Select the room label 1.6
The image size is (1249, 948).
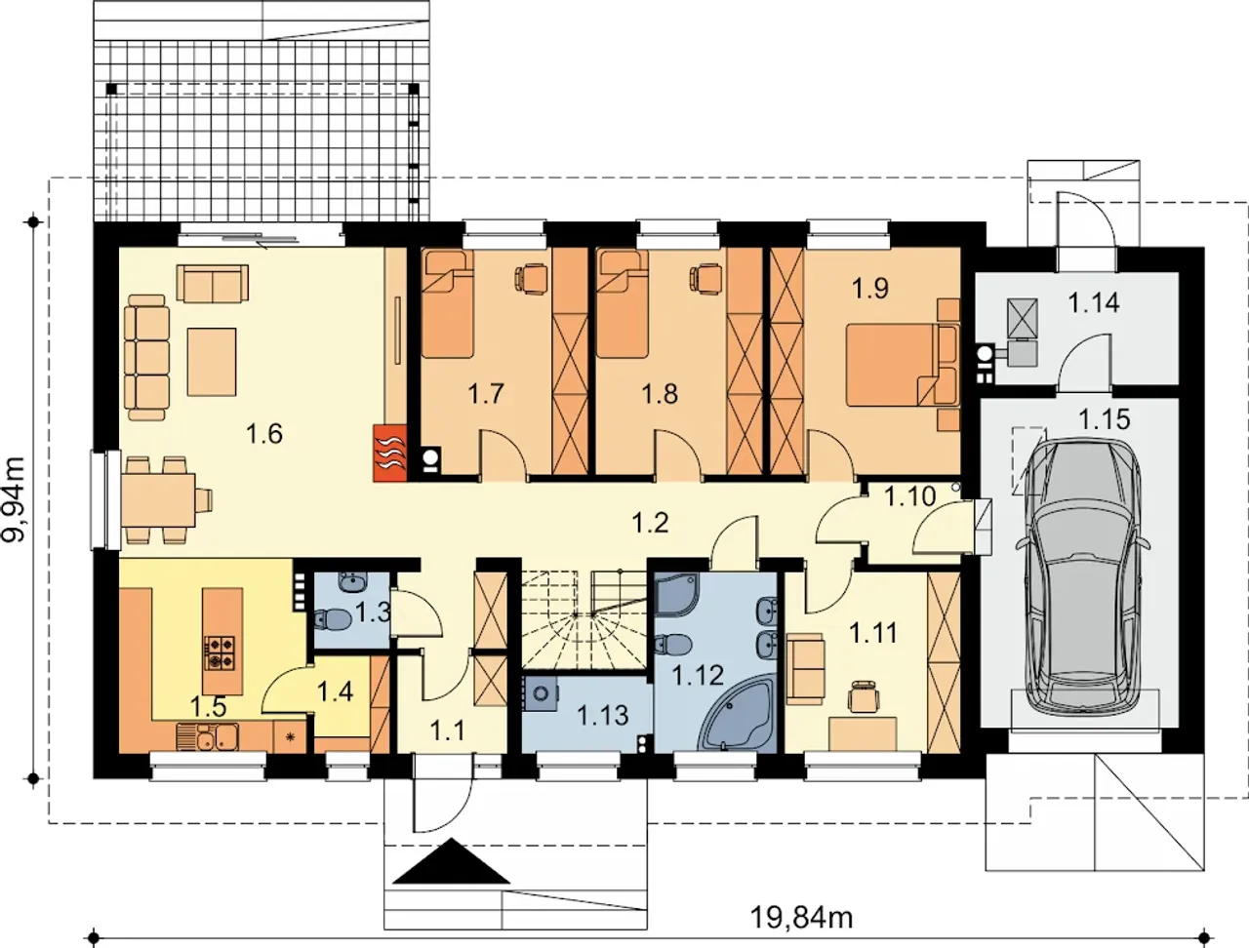click(x=264, y=434)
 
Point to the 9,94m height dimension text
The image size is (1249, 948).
click(x=16, y=499)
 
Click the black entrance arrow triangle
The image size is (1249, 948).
click(x=451, y=860)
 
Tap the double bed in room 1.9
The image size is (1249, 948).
click(x=903, y=365)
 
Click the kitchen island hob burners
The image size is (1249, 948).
click(x=221, y=652)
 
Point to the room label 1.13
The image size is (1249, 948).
click(x=603, y=716)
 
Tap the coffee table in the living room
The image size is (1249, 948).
click(x=213, y=362)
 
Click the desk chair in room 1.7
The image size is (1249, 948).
click(x=531, y=279)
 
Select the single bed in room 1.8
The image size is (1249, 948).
click(x=622, y=305)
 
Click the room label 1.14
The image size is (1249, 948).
click(x=1094, y=303)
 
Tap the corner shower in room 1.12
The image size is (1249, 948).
click(x=676, y=595)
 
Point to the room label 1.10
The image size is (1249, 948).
click(x=909, y=496)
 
